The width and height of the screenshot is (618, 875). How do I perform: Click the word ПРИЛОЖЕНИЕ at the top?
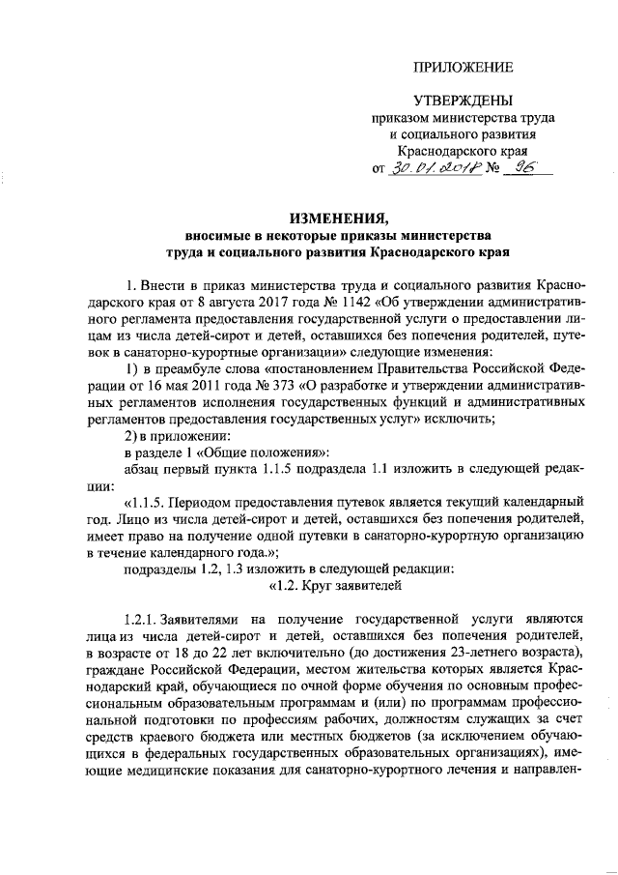[463, 67]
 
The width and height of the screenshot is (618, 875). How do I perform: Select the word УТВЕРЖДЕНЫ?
[463, 101]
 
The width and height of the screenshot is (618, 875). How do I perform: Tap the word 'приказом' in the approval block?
[397, 118]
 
